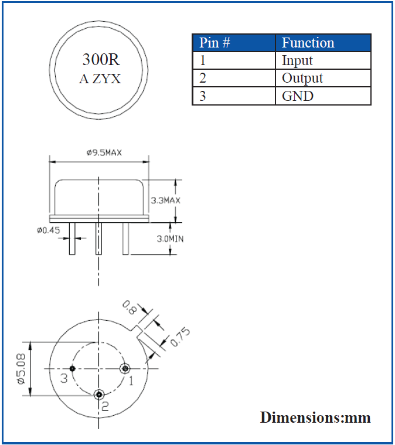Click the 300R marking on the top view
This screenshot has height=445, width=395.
pos(100,60)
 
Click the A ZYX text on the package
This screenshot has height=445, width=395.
pos(100,79)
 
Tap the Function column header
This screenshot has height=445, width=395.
pos(308,43)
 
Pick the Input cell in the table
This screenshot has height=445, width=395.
pos(297,60)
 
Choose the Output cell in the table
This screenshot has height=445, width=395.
pos(302,78)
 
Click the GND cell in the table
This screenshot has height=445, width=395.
pos(298,96)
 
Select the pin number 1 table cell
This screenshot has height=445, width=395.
pos(203,60)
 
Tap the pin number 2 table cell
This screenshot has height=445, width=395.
pos(203,78)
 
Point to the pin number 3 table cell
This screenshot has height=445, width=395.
pos(203,96)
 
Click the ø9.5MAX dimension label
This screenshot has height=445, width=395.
pos(104,153)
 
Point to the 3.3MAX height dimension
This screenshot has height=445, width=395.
pos(165,201)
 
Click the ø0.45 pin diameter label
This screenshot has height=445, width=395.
pos(48,230)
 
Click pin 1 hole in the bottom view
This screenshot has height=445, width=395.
pos(124,368)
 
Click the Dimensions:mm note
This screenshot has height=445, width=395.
pos(315,417)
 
